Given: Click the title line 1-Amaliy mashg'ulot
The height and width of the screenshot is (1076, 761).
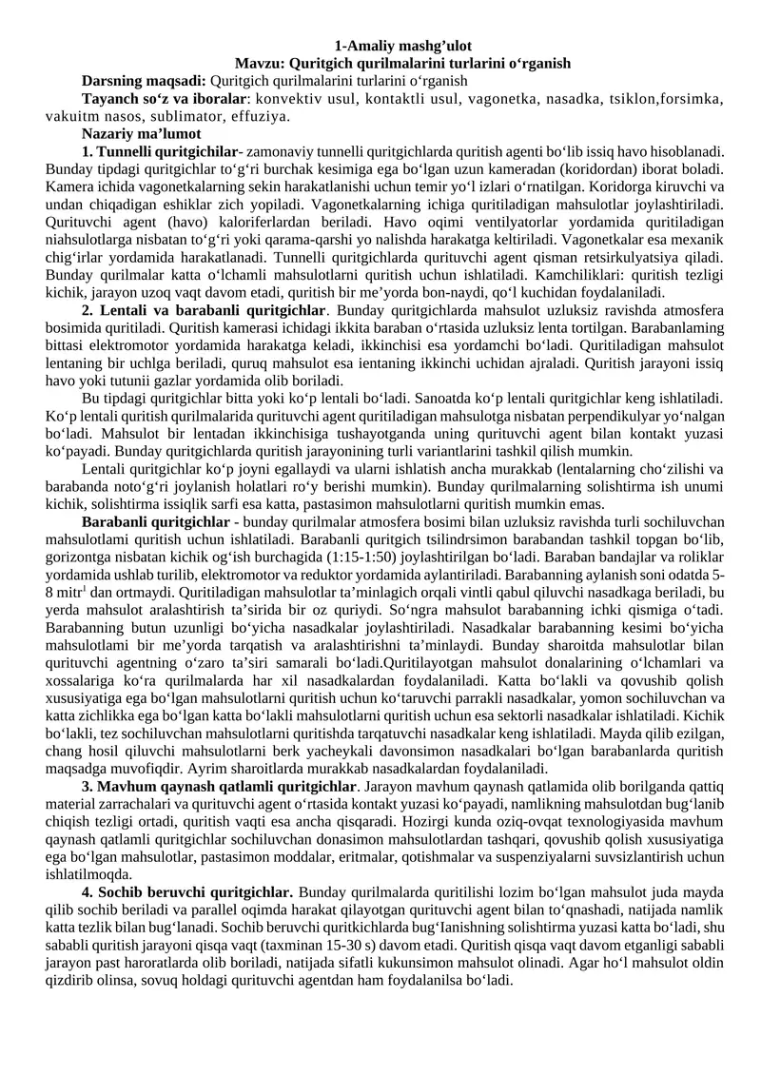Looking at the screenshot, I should coord(404,46).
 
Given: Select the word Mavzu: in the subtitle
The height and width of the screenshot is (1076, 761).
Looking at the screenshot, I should coord(258,63).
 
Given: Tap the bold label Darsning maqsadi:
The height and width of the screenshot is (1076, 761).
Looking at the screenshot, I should coord(144,81).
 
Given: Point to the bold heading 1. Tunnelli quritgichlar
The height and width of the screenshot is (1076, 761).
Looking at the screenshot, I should coord(160,151).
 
